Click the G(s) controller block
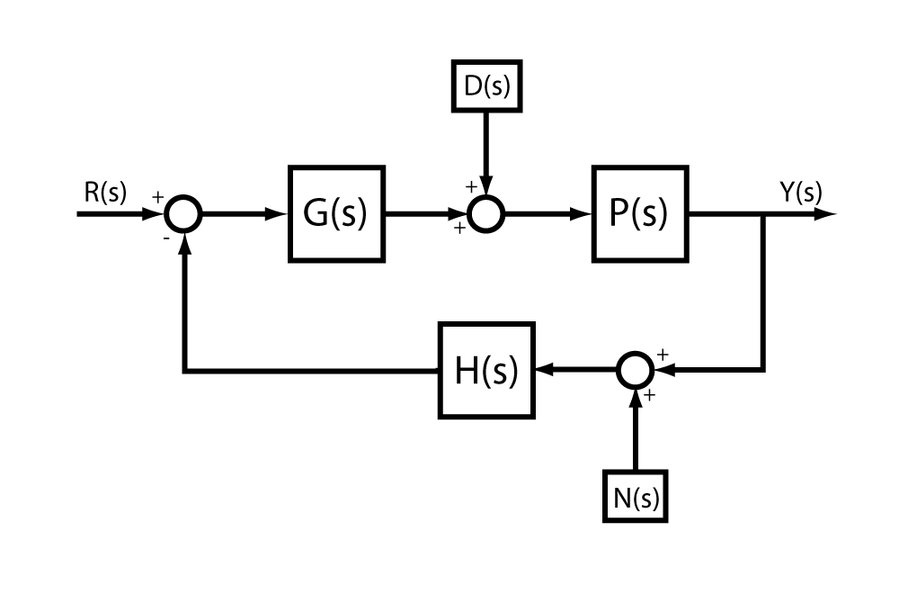(336, 214)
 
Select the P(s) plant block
(639, 214)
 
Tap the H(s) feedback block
(486, 370)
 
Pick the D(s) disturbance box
(485, 85)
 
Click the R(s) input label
(106, 193)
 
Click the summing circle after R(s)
(184, 214)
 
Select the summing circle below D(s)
(486, 214)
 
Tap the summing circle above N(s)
(636, 370)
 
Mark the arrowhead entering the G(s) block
(280, 214)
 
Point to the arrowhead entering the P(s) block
(583, 214)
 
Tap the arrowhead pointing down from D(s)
(486, 189)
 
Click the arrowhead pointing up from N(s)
(636, 396)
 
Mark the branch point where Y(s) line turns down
(764, 214)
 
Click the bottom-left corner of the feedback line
(184, 370)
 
